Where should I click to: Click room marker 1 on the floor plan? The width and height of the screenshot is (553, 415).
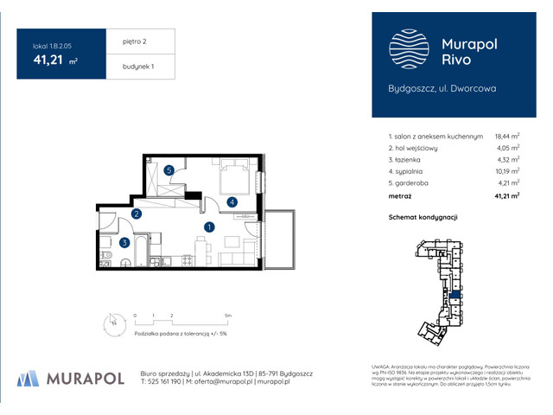tap(209, 227)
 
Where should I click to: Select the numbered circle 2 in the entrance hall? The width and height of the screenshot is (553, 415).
tap(137, 214)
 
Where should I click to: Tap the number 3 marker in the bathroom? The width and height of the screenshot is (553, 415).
tap(125, 243)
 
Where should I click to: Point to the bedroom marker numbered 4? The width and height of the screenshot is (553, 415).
tap(232, 202)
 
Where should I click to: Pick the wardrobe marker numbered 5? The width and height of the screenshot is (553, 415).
tap(170, 170)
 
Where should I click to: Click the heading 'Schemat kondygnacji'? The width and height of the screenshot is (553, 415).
tap(423, 217)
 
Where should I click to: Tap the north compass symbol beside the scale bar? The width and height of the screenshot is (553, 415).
tap(111, 322)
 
